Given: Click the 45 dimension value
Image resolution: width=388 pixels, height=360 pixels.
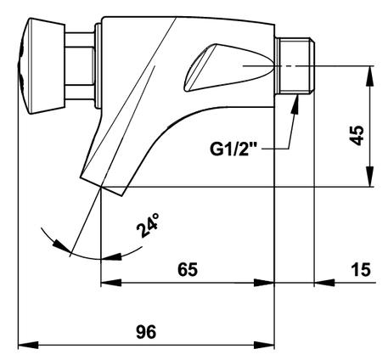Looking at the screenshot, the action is pos(357,136).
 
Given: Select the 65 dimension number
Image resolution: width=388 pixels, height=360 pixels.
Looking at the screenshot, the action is pos(188,269).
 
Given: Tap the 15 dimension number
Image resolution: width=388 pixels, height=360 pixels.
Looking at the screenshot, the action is pos(361,269).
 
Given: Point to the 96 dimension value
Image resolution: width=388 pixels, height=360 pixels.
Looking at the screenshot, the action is pos(146,332).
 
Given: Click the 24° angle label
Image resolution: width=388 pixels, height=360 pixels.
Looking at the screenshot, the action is pos(148,225).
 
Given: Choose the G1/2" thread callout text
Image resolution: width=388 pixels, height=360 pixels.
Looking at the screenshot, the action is pos(233,149).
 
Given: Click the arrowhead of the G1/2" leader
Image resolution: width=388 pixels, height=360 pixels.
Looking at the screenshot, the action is pos(295,104).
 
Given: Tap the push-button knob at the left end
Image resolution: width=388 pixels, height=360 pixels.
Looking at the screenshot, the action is pos(42,66).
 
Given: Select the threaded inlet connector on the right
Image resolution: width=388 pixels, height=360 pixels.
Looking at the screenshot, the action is pos(295,65).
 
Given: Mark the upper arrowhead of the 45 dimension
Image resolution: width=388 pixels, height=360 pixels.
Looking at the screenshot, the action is pos(369,76).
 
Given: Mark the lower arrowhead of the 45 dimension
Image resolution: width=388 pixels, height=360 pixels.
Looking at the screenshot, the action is pos(369,177).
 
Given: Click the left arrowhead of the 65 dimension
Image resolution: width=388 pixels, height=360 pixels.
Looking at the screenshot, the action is pos(111,283).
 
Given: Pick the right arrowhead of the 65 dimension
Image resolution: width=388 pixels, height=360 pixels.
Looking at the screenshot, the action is pos(264,283).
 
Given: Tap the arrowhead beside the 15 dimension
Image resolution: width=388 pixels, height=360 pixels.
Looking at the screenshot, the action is pos(324,283).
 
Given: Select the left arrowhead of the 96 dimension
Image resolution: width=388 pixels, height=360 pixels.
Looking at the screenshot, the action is pos(28,346).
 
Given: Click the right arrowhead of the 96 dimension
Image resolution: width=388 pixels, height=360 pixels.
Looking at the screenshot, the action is pos(264,346).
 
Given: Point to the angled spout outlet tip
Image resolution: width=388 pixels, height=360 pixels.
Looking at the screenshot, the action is pos(102,186).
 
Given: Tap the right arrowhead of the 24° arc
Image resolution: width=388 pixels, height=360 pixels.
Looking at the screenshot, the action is pos(112,256).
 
